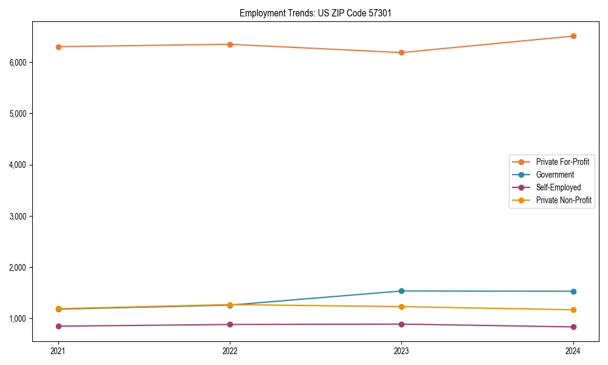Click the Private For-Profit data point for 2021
coord(58,47)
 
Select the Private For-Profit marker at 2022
coord(230,44)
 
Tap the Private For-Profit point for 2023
coord(401,53)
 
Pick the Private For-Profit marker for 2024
coord(573,36)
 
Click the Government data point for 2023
coord(401,291)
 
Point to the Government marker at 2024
coord(573,291)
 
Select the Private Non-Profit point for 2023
coord(401,307)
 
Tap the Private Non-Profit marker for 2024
coord(573,310)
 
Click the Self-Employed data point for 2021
coord(58,326)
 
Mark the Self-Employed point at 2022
coord(230,324)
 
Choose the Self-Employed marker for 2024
coord(573,327)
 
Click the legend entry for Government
coord(554,175)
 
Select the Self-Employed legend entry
coord(558,187)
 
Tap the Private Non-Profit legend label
coord(564,200)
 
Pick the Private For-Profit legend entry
coord(562,162)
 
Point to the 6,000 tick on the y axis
coord(18,63)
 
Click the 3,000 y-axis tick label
coord(18,216)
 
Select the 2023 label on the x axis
coord(401,350)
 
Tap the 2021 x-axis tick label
coord(58,350)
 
